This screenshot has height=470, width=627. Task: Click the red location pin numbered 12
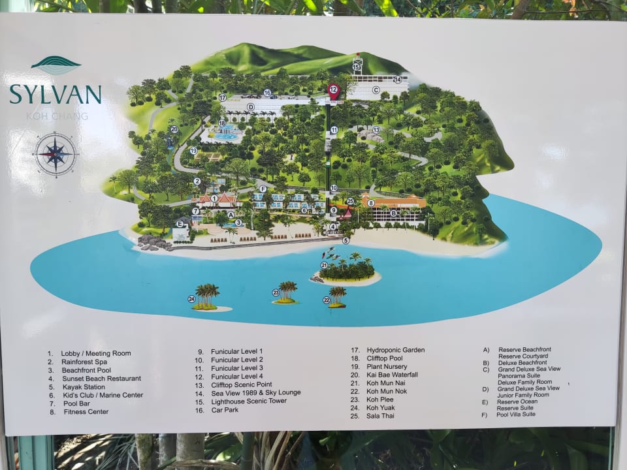(334, 91)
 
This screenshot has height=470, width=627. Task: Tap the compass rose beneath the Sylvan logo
(56, 154)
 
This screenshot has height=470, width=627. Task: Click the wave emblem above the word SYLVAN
(56, 65)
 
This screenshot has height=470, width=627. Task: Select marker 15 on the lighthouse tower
(357, 67)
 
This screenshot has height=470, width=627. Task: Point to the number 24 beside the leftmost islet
(191, 299)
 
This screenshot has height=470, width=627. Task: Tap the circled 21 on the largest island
(324, 265)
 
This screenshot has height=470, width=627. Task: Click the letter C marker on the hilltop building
(376, 90)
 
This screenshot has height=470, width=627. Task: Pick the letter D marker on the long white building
(250, 106)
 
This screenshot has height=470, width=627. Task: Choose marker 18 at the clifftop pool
(222, 123)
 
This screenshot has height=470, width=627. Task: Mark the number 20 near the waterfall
(174, 129)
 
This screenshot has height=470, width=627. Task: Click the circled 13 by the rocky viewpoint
(376, 130)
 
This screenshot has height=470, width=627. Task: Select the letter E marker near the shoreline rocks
(180, 223)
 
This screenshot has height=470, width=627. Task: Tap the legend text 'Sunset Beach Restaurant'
(101, 378)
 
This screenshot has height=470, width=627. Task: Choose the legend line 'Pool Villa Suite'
(516, 414)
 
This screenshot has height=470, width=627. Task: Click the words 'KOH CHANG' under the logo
(55, 116)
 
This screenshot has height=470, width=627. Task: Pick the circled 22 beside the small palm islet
(327, 300)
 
